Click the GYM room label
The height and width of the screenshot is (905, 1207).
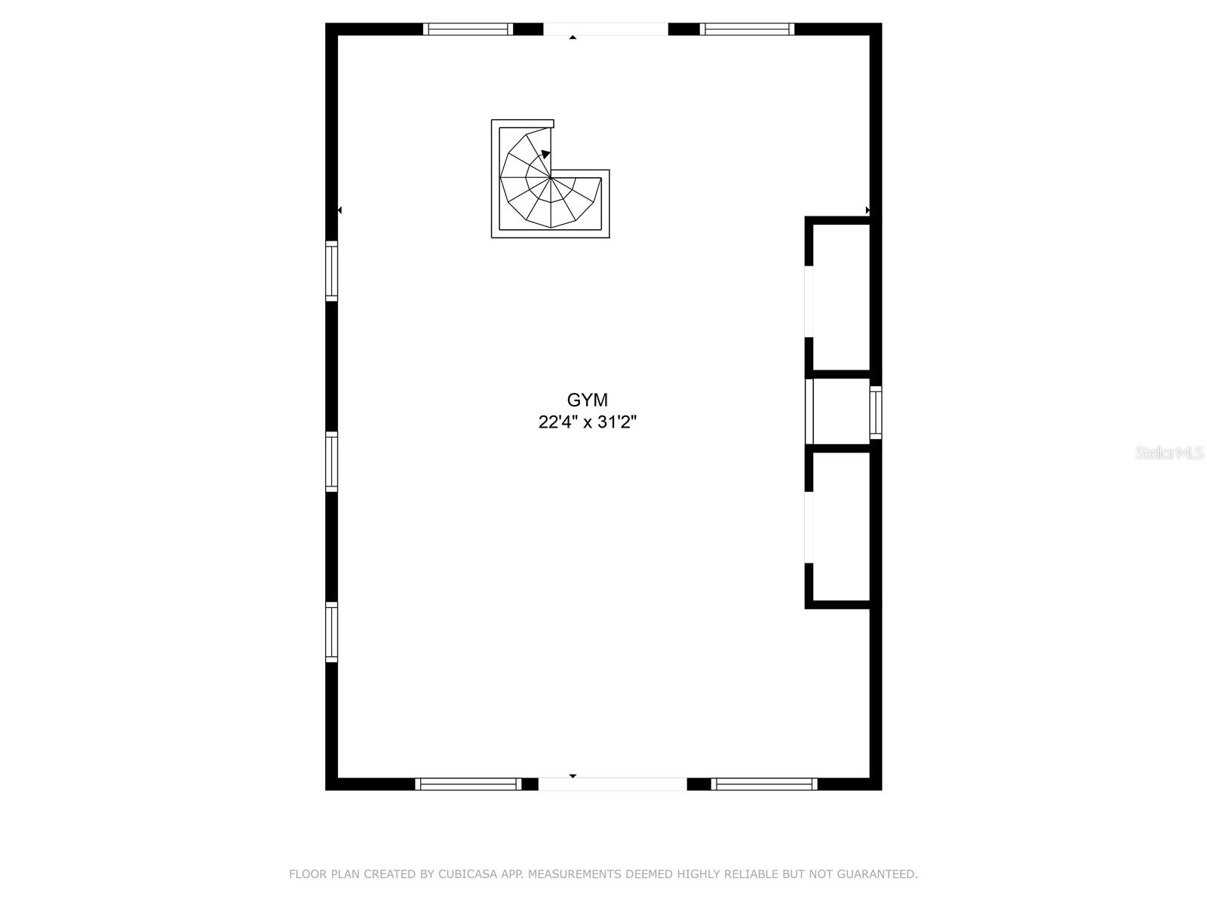tap(587, 400)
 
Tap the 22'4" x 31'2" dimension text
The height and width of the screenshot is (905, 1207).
tap(587, 422)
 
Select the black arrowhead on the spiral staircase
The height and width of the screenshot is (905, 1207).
tap(545, 154)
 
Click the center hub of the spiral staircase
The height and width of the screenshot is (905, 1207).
tap(551, 177)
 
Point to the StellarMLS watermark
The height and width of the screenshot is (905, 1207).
tap(1169, 452)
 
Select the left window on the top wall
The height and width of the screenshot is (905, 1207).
tap(468, 29)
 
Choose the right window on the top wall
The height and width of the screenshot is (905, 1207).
tap(747, 29)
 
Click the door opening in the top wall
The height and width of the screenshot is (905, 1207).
tap(606, 29)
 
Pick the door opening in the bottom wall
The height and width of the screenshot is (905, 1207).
tap(613, 784)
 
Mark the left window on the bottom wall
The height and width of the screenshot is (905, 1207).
tap(468, 784)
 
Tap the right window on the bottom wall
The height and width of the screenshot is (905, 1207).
tap(763, 784)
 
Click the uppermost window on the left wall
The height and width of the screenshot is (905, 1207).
tap(332, 271)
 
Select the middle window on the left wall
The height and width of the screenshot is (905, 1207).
tap(332, 462)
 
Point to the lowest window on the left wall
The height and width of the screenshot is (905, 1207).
tap(332, 632)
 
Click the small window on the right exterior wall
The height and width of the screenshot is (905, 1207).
tap(875, 413)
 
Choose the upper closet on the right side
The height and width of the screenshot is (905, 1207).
tap(841, 297)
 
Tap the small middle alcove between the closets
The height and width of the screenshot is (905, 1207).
tap(841, 411)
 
